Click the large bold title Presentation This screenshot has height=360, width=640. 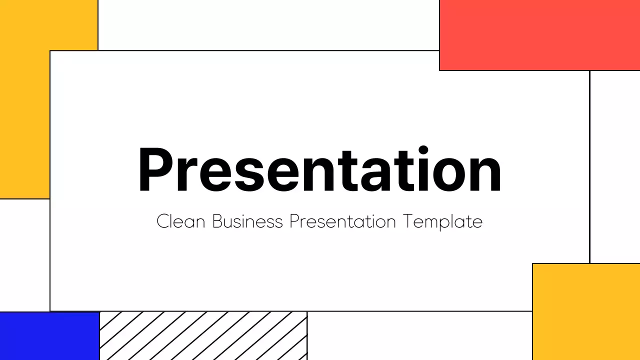pos(319,170)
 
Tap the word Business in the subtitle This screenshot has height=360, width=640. pos(247,221)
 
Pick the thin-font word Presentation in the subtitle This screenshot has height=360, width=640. pos(342,221)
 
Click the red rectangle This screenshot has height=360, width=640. pos(539,35)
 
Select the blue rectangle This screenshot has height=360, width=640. pos(49,335)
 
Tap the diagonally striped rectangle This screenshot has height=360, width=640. pos(203,335)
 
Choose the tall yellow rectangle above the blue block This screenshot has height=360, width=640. pos(25,100)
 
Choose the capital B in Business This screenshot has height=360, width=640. pos(217,221)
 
